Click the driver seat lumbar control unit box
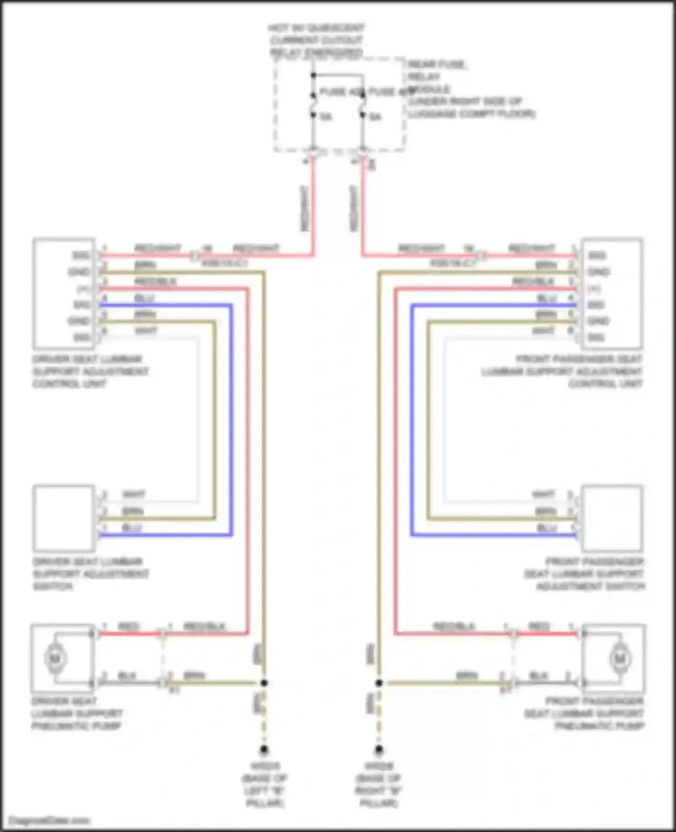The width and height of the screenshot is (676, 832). (63, 293)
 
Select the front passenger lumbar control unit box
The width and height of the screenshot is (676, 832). (612, 293)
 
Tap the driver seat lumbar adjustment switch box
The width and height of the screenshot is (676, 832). (63, 518)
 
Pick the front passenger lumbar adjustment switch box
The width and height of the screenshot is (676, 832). (612, 518)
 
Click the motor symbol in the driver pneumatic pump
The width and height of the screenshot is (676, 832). (55, 659)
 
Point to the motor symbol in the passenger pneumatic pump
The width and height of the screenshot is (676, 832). (620, 659)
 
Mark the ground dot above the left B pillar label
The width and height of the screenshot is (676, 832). (264, 750)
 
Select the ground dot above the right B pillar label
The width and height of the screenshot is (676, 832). (379, 750)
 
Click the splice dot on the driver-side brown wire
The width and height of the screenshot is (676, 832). (264, 683)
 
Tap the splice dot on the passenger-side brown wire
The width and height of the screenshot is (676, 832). (379, 683)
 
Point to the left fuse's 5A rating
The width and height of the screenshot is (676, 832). (326, 117)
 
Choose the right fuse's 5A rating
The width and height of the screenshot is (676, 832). (375, 117)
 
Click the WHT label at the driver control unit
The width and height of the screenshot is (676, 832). (146, 331)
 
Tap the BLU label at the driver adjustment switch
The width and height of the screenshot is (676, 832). (132, 528)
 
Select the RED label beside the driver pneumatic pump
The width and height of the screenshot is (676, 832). (128, 626)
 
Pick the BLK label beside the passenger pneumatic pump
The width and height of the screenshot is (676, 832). (538, 676)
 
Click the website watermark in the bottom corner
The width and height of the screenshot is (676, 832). (50, 821)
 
